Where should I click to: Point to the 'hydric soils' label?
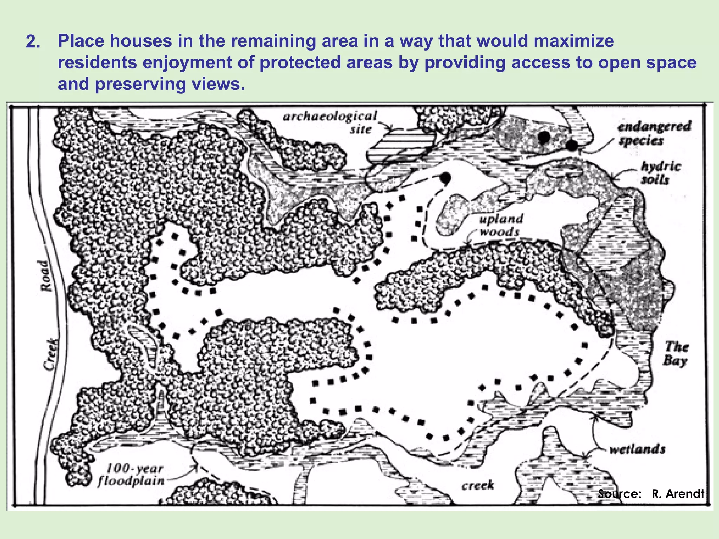click(660, 173)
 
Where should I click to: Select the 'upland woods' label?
click(500, 225)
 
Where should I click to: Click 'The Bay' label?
click(676, 354)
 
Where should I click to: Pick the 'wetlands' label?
click(637, 449)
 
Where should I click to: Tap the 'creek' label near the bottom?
click(477, 485)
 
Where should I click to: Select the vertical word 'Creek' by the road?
click(51, 354)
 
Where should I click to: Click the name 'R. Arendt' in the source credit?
click(678, 494)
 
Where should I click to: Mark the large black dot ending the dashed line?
click(445, 178)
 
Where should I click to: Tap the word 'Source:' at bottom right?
click(619, 494)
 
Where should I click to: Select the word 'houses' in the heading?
click(140, 41)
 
